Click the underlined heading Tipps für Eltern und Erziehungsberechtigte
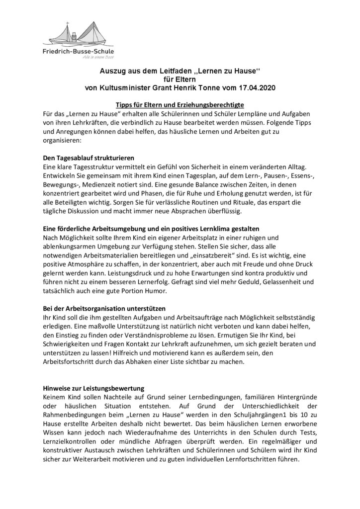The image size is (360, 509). click(180, 105)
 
